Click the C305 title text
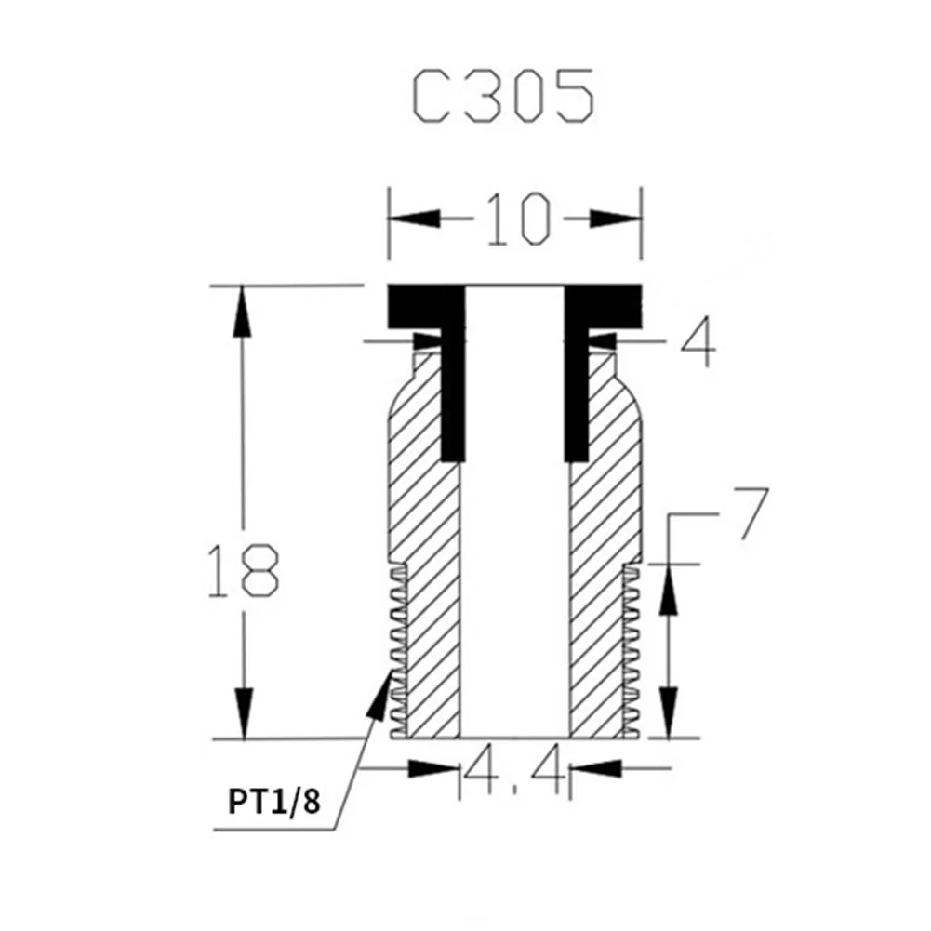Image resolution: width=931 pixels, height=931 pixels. tap(503, 96)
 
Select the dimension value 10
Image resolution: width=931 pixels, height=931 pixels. tap(518, 219)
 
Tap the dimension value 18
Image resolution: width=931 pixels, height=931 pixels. tap(243, 570)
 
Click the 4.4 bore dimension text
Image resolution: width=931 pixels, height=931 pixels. tap(514, 769)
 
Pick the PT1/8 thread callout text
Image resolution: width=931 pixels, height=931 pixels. tap(274, 802)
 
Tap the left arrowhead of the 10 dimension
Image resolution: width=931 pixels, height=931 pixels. tap(415, 219)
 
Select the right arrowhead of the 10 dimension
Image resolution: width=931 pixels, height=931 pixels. tap(616, 219)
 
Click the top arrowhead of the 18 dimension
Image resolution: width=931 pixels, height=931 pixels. tap(242, 312)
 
